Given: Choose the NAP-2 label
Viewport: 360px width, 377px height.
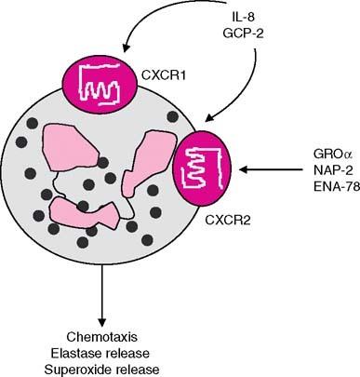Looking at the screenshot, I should [327, 170].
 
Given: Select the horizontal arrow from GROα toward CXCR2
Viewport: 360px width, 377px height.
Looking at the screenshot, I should [270, 170].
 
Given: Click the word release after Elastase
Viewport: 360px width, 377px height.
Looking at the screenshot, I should [139, 350].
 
